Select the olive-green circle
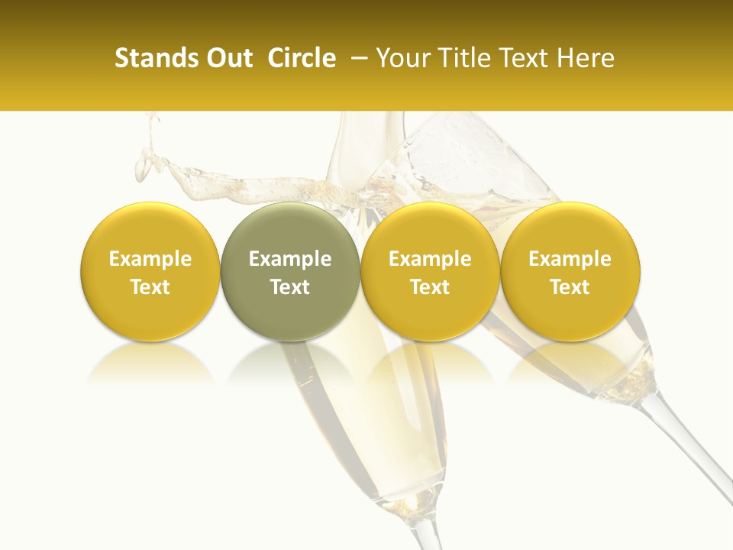290,271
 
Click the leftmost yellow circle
150,271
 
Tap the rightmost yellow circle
570,271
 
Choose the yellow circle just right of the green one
430,271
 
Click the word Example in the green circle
290,259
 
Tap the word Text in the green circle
290,287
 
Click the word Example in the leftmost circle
150,259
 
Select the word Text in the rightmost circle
570,287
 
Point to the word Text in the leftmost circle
150,287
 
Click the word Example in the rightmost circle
570,259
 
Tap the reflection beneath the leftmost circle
150,365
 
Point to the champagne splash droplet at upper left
142,164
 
